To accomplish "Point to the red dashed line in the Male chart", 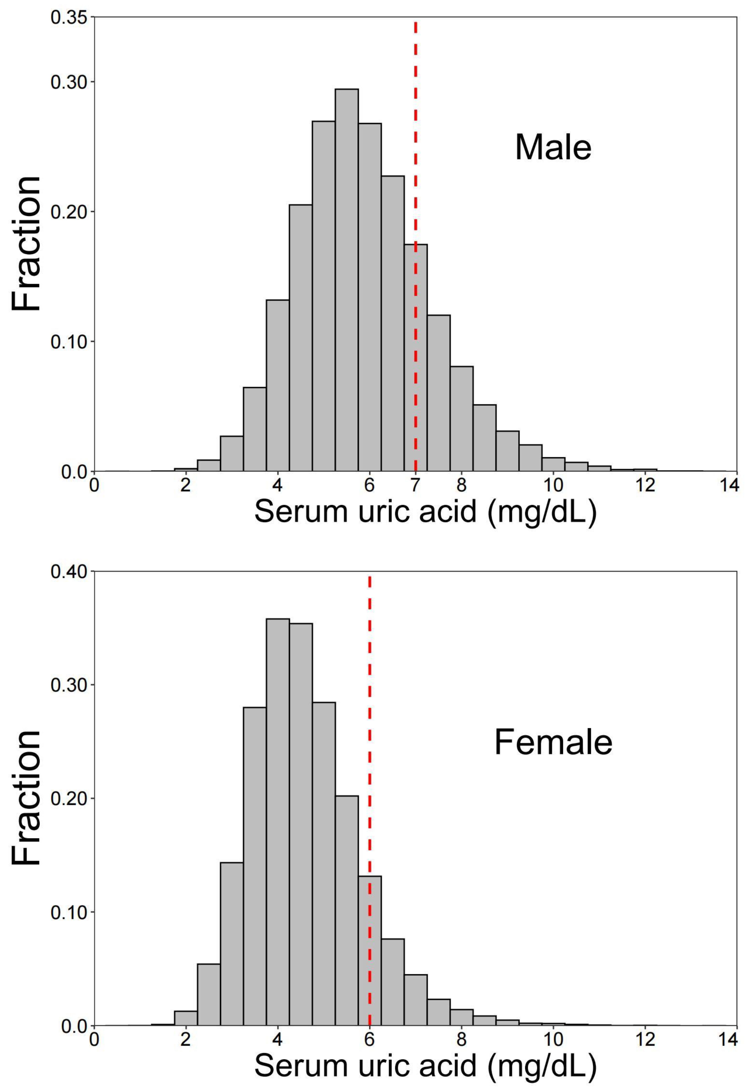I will tap(415, 140).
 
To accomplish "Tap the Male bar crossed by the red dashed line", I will tap(415, 356).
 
